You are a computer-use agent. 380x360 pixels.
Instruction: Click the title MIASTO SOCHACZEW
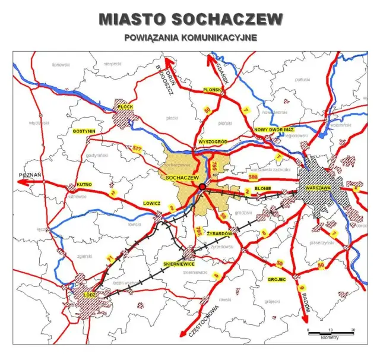[190, 19]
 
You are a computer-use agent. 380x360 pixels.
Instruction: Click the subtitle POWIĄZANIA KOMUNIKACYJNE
[190, 37]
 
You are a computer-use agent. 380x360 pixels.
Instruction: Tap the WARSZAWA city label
[317, 188]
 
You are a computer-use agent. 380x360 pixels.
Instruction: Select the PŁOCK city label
[126, 107]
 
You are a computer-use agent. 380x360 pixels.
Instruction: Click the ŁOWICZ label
[152, 203]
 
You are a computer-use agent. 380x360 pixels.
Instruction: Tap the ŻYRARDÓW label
[220, 233]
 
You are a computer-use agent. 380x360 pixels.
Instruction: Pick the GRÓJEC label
[277, 279]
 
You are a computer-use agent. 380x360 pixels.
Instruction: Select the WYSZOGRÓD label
[211, 142]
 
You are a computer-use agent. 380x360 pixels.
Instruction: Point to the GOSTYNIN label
[84, 130]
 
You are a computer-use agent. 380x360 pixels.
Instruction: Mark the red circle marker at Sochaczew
[202, 187]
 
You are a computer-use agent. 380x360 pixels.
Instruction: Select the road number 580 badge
[254, 177]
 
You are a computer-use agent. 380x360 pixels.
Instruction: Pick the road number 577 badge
[138, 147]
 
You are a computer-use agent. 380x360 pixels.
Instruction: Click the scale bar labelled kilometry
[330, 333]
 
